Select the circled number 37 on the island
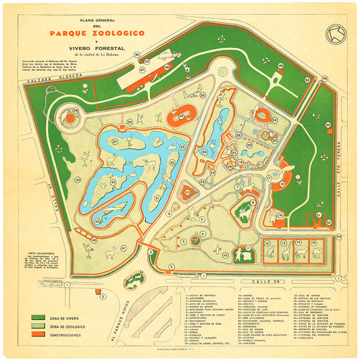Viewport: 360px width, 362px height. tap(115, 141)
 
